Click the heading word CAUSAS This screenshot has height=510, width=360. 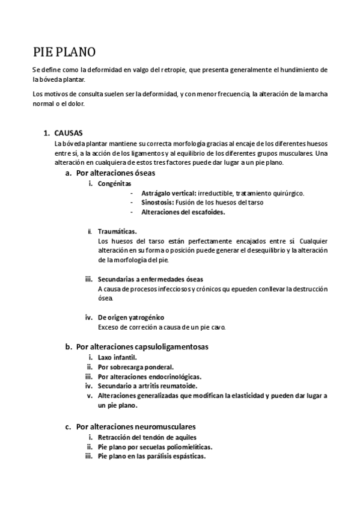pyautogui.click(x=69, y=132)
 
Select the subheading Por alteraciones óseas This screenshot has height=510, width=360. pyautogui.click(x=115, y=173)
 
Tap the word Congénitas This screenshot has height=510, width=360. pyautogui.click(x=115, y=183)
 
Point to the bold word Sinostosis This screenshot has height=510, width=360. pyautogui.click(x=158, y=203)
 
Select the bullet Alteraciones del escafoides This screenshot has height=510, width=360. pyautogui.click(x=183, y=212)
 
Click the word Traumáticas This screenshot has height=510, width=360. pyautogui.click(x=117, y=232)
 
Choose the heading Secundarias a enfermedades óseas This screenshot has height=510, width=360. pyautogui.click(x=150, y=279)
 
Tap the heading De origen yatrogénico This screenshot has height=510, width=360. pyautogui.click(x=130, y=317)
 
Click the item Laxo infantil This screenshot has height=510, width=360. pyautogui.click(x=117, y=357)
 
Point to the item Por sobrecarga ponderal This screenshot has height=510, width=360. pyautogui.click(x=135, y=367)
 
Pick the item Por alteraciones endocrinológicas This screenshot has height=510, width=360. pyautogui.click(x=149, y=376)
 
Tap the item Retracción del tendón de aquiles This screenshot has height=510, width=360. pyautogui.click(x=146, y=437)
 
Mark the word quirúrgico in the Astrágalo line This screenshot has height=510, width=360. pyautogui.click(x=286, y=193)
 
